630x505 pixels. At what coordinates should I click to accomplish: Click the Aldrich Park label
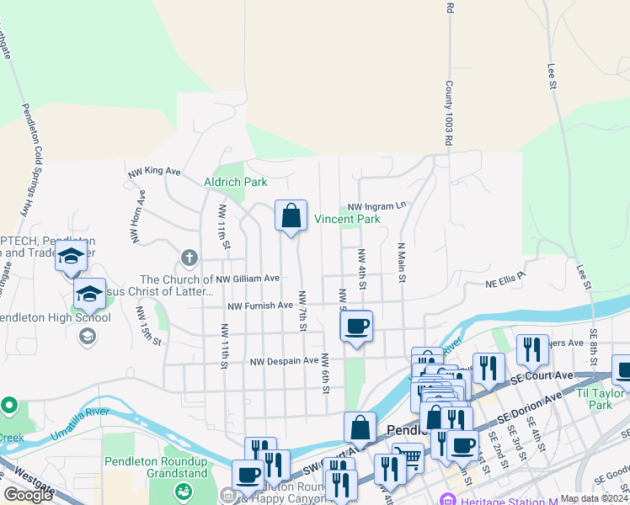[235, 182]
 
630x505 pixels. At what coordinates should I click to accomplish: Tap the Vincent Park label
[347, 219]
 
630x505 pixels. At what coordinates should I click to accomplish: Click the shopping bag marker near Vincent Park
[291, 217]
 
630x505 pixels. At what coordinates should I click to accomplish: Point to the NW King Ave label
[155, 171]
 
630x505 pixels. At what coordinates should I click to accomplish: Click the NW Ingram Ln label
[376, 205]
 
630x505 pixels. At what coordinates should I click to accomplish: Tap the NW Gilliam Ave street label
[247, 279]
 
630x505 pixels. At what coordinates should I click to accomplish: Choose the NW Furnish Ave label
[259, 306]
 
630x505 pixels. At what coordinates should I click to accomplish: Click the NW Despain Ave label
[284, 361]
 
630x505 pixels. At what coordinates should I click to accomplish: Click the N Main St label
[402, 262]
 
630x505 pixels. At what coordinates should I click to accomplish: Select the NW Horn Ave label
[137, 216]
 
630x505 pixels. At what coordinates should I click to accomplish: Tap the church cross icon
[190, 257]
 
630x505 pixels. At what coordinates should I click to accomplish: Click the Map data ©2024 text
[593, 498]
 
